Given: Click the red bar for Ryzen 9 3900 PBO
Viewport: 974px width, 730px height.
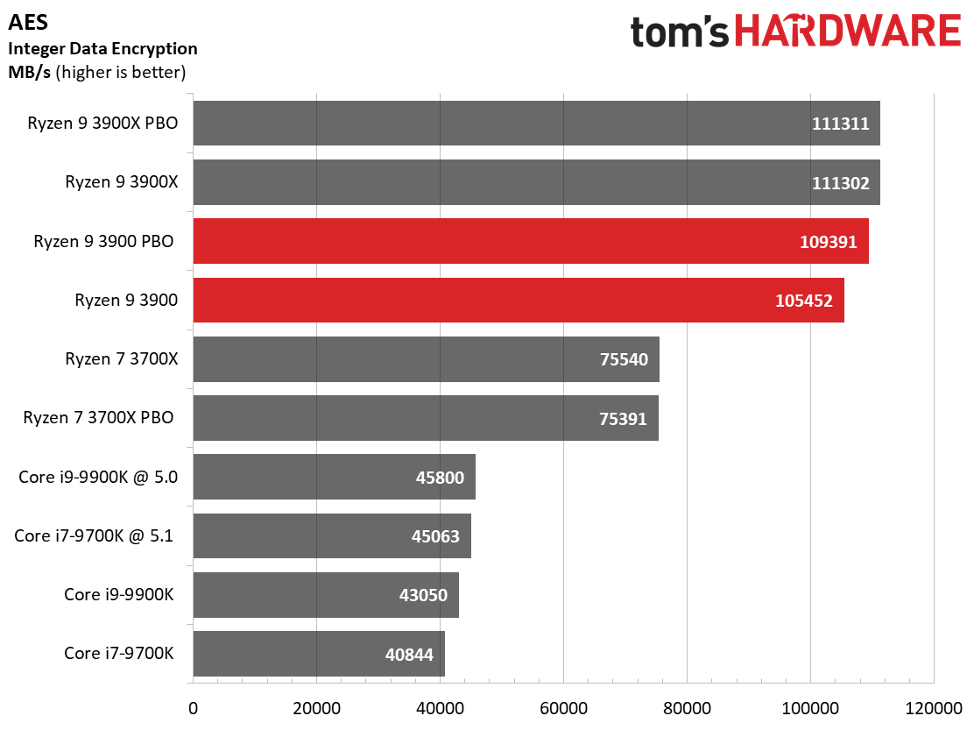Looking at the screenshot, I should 530,241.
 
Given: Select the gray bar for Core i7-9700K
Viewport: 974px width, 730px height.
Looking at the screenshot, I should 318,654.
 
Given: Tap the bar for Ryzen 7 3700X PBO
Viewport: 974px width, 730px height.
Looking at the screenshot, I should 425,418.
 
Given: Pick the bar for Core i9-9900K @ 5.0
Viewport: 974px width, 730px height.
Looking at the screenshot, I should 334,477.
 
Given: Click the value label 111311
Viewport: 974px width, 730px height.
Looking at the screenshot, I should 840,124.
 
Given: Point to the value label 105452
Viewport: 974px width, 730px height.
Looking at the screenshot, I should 804,301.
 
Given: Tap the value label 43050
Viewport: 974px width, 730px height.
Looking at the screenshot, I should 423,595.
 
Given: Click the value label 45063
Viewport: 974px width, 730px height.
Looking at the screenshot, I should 435,535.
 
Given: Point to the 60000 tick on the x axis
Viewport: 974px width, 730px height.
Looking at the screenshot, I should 563,706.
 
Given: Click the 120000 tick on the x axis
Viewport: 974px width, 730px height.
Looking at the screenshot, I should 934,706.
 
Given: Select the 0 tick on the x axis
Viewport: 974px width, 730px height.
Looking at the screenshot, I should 193,706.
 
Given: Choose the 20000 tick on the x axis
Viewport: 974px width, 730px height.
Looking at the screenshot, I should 316,706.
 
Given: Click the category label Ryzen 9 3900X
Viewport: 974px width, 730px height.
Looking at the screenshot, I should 121,182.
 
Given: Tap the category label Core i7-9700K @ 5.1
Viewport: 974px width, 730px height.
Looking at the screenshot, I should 93,535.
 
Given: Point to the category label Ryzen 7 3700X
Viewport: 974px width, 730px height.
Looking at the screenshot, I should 121,359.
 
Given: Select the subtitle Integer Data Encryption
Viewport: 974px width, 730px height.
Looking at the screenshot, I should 102,49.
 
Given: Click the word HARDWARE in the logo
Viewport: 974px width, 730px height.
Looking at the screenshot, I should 847,32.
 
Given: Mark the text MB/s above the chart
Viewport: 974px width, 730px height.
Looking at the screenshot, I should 30,72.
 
